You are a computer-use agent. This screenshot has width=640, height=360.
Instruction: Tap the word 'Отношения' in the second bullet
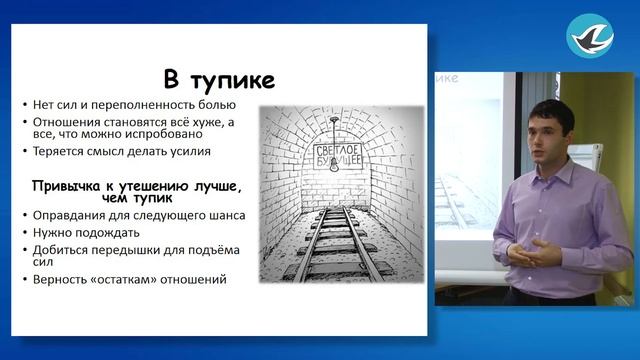(64, 122)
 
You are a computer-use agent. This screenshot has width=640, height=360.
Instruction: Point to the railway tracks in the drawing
(331, 250)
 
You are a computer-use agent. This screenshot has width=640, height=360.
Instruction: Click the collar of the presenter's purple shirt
(548, 167)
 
